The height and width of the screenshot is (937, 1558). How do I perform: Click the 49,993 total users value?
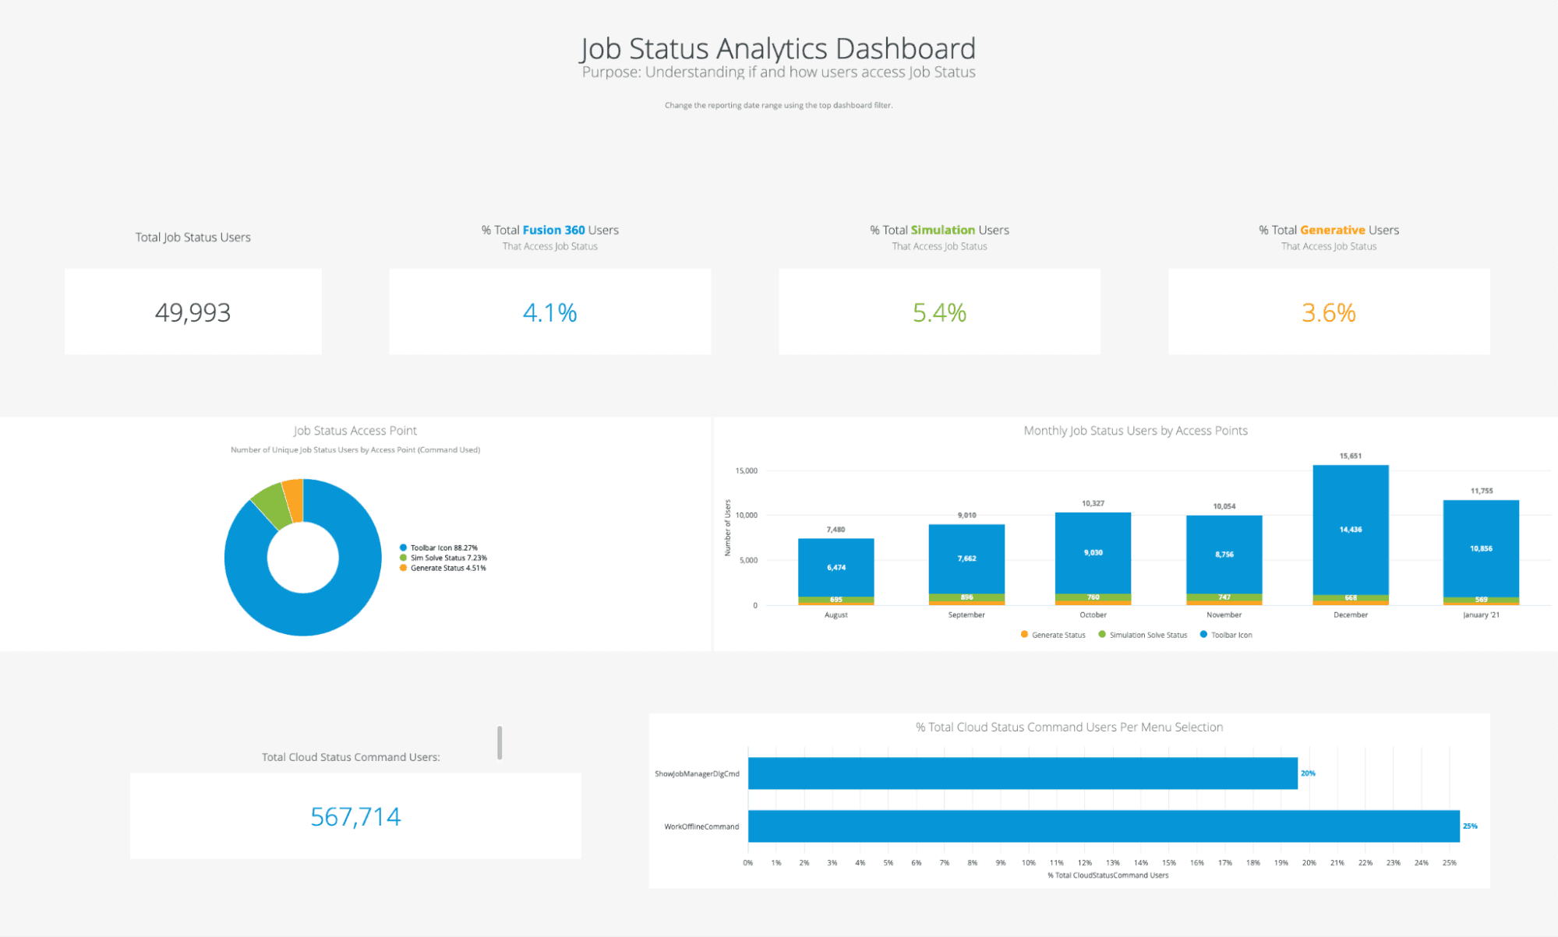[193, 312]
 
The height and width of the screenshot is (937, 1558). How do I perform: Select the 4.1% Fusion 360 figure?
[549, 312]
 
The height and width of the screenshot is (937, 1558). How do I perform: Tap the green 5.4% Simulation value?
[939, 312]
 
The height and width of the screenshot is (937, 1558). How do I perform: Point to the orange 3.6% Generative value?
[1328, 312]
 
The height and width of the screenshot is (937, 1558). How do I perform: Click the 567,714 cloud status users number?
[355, 816]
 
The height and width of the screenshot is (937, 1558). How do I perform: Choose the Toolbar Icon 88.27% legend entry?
[443, 548]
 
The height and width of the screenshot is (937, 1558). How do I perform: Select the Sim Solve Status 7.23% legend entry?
[448, 558]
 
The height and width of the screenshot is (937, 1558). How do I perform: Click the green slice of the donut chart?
[270, 504]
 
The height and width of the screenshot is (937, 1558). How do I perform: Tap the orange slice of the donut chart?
[294, 499]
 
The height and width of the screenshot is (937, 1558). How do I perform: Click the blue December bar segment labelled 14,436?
[1351, 530]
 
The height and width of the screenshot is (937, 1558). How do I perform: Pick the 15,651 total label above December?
[1351, 456]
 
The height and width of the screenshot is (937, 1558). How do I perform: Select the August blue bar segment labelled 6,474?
[836, 567]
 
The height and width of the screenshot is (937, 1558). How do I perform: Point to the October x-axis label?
[1093, 615]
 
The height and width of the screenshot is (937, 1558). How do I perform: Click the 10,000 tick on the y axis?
[746, 515]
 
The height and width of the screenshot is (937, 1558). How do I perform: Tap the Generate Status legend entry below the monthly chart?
[1058, 635]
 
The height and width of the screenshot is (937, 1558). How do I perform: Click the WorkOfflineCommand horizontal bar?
[1103, 826]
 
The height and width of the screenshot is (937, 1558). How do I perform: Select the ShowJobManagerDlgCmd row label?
[697, 773]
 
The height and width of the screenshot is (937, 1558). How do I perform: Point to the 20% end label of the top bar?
[1308, 773]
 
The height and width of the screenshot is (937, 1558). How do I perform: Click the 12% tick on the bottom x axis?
[1084, 862]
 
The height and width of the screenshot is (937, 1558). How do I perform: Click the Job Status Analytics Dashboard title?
[778, 48]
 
